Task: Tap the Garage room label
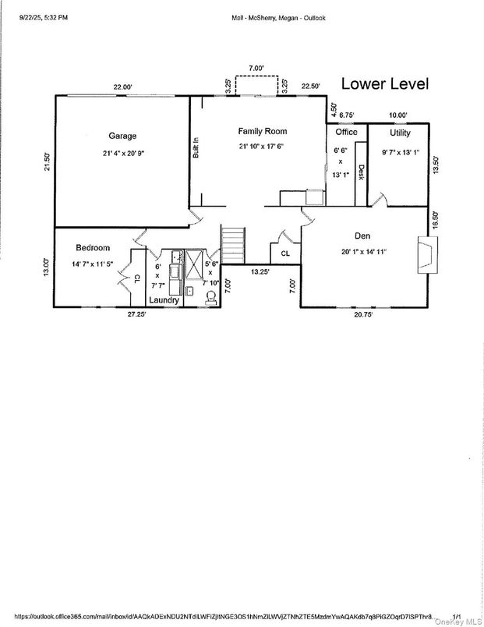coord(122,136)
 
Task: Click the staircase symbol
coord(234,246)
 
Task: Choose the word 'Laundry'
coord(164,300)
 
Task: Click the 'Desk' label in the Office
coord(360,172)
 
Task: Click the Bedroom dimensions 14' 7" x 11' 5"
coord(93,264)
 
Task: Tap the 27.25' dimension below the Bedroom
coord(138,315)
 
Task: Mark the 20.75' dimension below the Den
coord(365,315)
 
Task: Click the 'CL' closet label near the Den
coord(285,253)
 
